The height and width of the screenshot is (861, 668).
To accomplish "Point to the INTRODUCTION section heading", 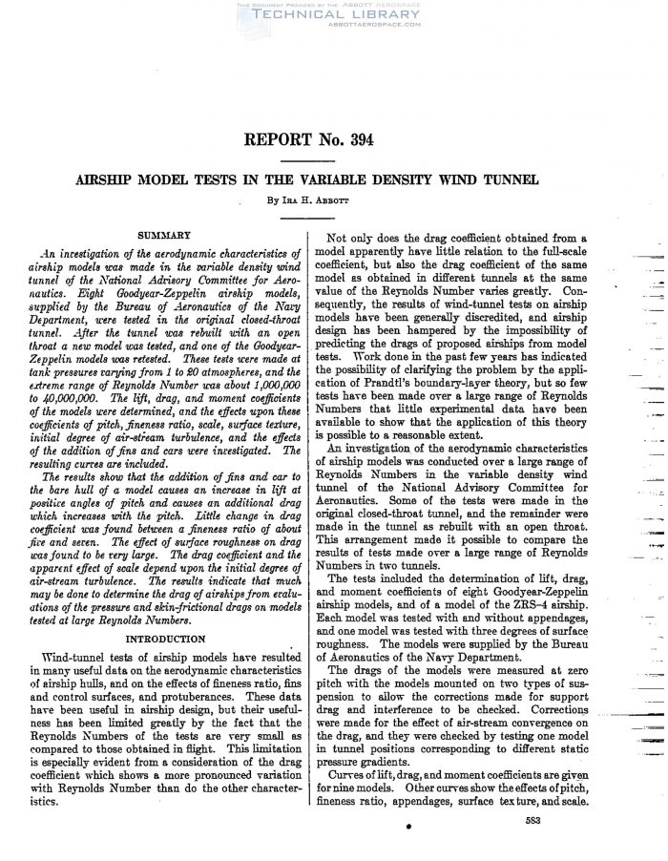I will tap(166, 638).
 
